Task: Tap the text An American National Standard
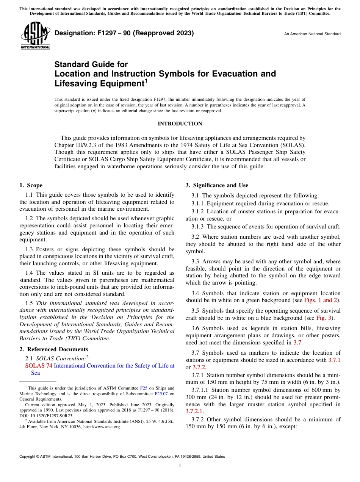tap(312, 34)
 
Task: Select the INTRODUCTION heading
tap(180, 124)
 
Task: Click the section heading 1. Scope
tap(31, 185)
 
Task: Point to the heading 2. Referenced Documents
tap(53, 349)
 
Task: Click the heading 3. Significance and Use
tap(217, 185)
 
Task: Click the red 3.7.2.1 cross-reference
tap(194, 411)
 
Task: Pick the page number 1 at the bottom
tap(180, 466)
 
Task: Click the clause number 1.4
tap(30, 273)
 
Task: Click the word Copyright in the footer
tap(29, 457)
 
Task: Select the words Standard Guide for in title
tap(91, 64)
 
